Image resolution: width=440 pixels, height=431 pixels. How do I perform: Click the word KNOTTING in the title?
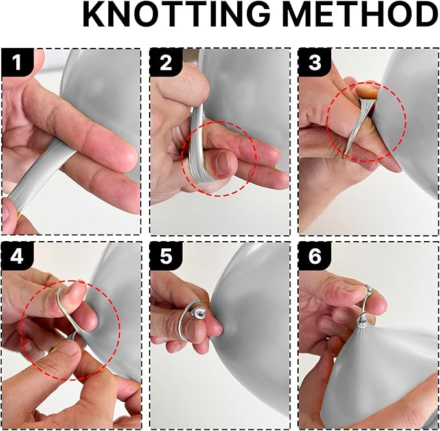pos(176,14)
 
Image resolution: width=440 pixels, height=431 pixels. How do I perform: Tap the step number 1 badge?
pos(17,62)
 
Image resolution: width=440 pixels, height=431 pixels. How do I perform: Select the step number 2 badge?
pos(166,62)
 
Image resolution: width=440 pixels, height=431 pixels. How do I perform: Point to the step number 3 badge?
pos(315,62)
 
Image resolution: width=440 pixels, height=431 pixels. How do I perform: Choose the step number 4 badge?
pos(17,256)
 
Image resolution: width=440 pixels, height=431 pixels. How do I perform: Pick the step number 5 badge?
pos(166,256)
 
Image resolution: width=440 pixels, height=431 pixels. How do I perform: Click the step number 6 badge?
pos(315,256)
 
